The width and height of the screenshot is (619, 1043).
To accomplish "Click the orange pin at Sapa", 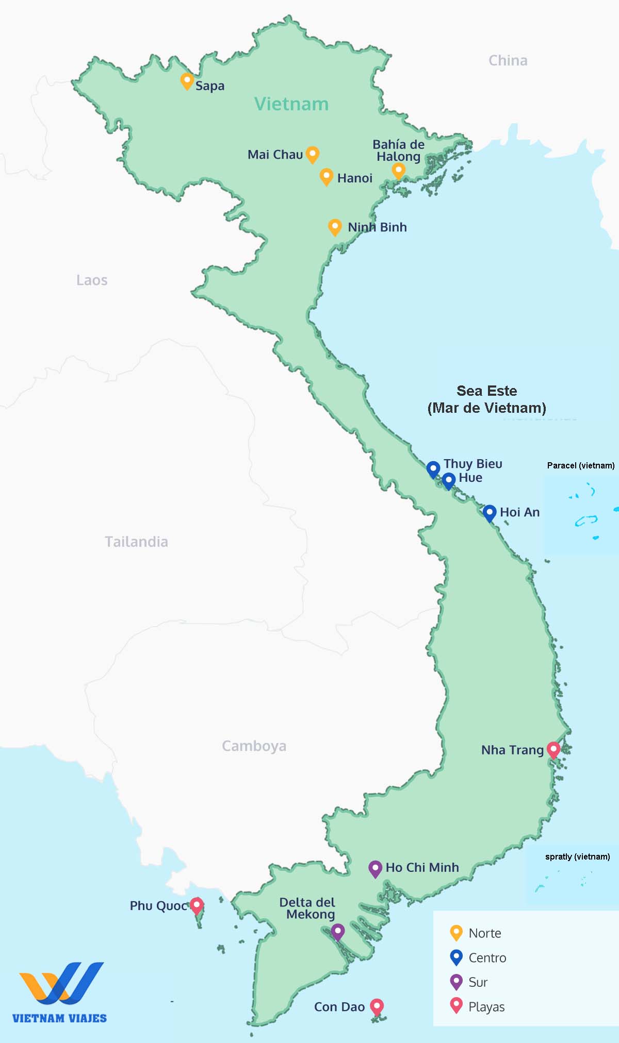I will click(x=187, y=81).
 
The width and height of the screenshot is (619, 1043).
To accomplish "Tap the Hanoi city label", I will click(x=354, y=178).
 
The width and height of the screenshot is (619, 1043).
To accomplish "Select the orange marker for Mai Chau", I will click(x=312, y=154).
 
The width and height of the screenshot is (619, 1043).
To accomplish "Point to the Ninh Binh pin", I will click(x=335, y=227).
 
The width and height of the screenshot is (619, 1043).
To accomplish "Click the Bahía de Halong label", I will click(x=398, y=150).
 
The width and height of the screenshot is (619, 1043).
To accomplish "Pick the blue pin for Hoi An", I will click(x=490, y=513).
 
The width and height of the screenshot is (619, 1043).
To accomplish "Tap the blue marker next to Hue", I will click(x=449, y=480).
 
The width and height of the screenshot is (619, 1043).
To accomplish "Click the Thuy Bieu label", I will click(x=473, y=464).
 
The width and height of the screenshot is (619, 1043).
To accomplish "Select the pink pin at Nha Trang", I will click(x=553, y=749).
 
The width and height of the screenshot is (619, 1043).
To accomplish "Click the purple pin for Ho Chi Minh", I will click(x=375, y=868).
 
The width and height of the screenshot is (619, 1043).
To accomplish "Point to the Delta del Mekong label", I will click(x=307, y=909).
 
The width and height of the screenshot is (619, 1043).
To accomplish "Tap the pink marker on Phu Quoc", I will click(x=196, y=905).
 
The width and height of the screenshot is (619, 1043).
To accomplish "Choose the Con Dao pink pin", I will click(x=377, y=1006).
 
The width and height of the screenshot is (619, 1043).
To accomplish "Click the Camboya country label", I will click(x=254, y=746).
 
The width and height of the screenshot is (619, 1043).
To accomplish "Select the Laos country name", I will click(x=92, y=280).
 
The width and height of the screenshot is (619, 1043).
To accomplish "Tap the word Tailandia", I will click(x=136, y=542).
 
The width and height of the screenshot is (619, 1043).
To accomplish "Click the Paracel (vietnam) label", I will click(x=581, y=465).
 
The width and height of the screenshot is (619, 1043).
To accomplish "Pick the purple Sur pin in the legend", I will click(x=457, y=981).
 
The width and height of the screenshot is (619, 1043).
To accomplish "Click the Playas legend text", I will click(x=486, y=1007).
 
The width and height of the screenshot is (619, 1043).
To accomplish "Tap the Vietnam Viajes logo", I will click(x=60, y=992).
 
